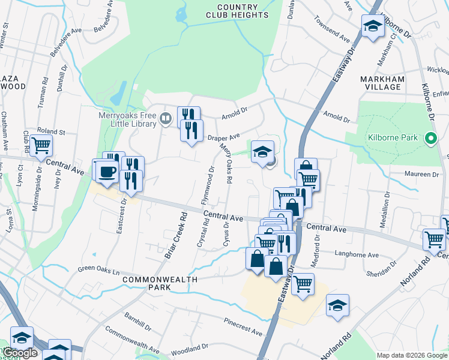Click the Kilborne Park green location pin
[x=430, y=139]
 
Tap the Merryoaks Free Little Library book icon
[x=165, y=118]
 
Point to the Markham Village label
[x=380, y=83]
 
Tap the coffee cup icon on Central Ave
[x=108, y=172]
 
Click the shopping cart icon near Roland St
[x=41, y=145]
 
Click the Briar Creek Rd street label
[x=173, y=239]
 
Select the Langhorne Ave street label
[x=357, y=255]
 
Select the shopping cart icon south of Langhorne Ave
[x=303, y=284]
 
